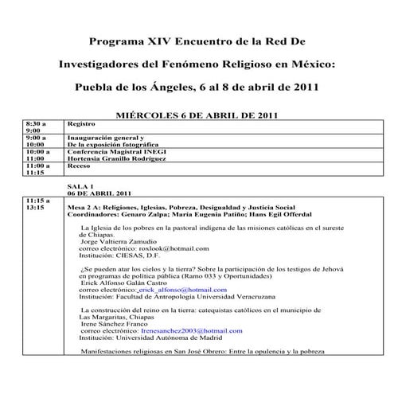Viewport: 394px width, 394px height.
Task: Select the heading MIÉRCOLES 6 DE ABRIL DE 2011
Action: point(196,115)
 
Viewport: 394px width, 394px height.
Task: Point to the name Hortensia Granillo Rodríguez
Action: point(117,158)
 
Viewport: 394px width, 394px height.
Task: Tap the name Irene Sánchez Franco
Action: point(118,323)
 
